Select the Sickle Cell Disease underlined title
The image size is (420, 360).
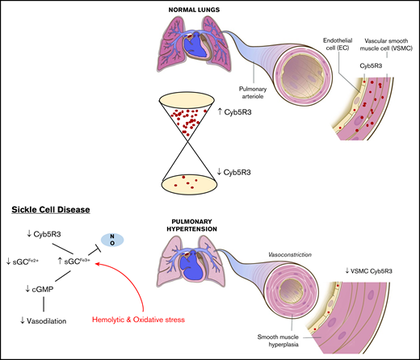point(48,210)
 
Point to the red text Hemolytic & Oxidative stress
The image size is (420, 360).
point(142,319)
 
